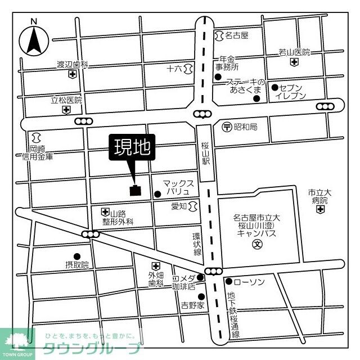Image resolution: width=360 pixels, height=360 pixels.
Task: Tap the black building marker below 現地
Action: (x=136, y=190)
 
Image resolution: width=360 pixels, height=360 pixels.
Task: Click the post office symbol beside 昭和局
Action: (x=227, y=127)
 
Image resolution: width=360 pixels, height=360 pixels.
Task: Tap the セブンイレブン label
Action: (x=290, y=92)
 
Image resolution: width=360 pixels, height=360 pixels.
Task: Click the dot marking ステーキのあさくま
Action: (x=256, y=99)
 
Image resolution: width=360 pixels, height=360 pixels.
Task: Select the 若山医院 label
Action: (x=294, y=53)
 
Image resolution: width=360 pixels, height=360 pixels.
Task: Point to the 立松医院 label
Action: (x=66, y=100)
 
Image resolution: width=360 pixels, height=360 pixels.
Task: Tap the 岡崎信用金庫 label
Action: (x=37, y=153)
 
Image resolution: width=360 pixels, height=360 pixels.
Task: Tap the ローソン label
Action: (x=248, y=281)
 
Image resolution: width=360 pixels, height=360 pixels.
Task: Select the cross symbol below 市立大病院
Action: (x=320, y=209)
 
